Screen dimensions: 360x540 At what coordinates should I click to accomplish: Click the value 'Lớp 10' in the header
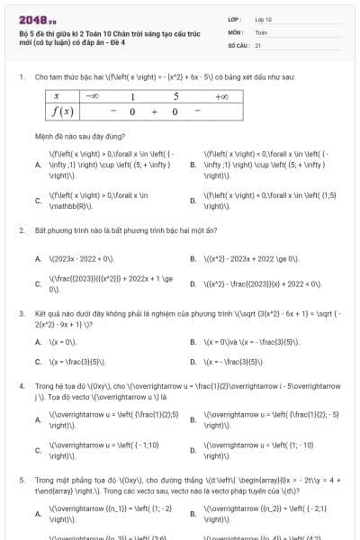[x=263, y=18]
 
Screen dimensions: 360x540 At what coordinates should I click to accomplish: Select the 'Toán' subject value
[x=261, y=31]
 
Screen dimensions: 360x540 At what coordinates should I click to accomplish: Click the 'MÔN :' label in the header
[x=236, y=31]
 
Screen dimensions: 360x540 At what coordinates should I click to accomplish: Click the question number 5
[x=21, y=478]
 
